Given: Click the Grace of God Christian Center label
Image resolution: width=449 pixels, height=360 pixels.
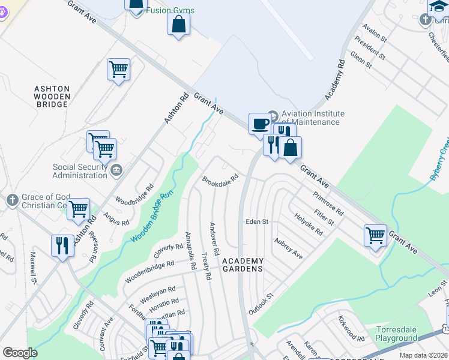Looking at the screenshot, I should (40, 201).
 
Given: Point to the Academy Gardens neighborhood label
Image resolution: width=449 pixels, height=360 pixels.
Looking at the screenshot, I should (243, 265).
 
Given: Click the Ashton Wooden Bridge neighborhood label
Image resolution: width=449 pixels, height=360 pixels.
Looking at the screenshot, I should (52, 97).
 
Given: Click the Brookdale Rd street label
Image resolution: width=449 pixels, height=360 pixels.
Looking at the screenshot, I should (220, 179).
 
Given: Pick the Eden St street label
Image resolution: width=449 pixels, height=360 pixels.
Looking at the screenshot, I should (256, 221).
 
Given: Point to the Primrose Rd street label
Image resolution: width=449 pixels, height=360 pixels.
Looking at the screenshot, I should (328, 204).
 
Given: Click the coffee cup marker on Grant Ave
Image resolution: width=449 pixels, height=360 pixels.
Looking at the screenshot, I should (260, 123).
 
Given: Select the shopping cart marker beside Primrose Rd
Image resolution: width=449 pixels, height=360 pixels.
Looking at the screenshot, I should (375, 235).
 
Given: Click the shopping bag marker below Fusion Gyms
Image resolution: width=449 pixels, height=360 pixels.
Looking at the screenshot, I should (178, 24).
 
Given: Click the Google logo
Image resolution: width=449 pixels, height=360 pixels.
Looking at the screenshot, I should (20, 353).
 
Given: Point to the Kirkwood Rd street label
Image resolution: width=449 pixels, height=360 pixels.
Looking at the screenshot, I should (351, 328).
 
